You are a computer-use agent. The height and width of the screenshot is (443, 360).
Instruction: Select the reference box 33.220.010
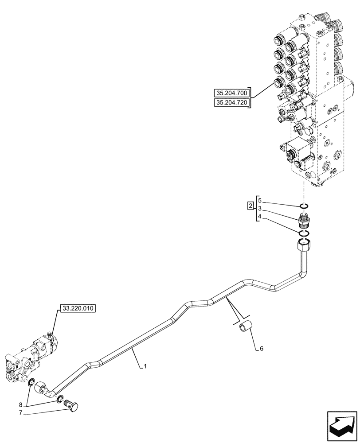[78, 309]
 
